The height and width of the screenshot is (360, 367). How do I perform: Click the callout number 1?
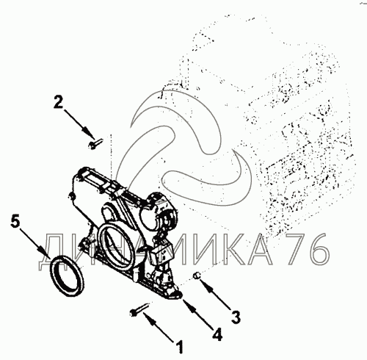[x=181, y=347]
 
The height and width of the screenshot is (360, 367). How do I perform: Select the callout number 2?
[x=58, y=102]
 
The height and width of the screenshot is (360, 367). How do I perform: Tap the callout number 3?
[x=236, y=317]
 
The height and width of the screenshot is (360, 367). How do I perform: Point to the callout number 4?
[x=217, y=334]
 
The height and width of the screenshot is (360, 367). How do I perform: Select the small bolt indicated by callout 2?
[x=95, y=143]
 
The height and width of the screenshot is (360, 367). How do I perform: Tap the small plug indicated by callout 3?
[x=197, y=276]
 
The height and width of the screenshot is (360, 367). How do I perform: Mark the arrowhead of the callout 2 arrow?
[x=90, y=133]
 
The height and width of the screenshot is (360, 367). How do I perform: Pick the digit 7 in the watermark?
[x=294, y=249]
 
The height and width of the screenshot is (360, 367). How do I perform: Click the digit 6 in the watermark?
[x=318, y=249]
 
